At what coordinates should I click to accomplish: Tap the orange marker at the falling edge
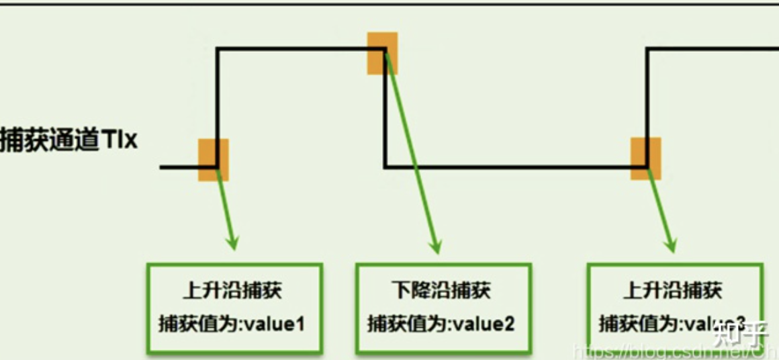pos(382,53)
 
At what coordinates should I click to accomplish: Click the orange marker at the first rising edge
pos(214,160)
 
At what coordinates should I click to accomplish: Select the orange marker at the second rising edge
pos(645,159)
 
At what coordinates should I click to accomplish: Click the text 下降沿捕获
pos(441,290)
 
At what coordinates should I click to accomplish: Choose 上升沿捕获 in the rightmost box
pos(673,290)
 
